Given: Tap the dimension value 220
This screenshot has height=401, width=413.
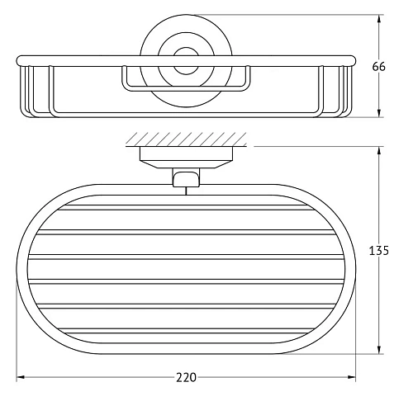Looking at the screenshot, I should click(x=187, y=378).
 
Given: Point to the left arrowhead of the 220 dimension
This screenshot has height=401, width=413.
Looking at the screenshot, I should click(x=21, y=378).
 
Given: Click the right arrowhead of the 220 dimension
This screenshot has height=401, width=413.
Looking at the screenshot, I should click(x=352, y=378).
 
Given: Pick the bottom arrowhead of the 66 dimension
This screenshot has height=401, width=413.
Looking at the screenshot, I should click(x=378, y=114).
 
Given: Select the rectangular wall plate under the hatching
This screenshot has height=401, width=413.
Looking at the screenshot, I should click(x=187, y=154).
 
